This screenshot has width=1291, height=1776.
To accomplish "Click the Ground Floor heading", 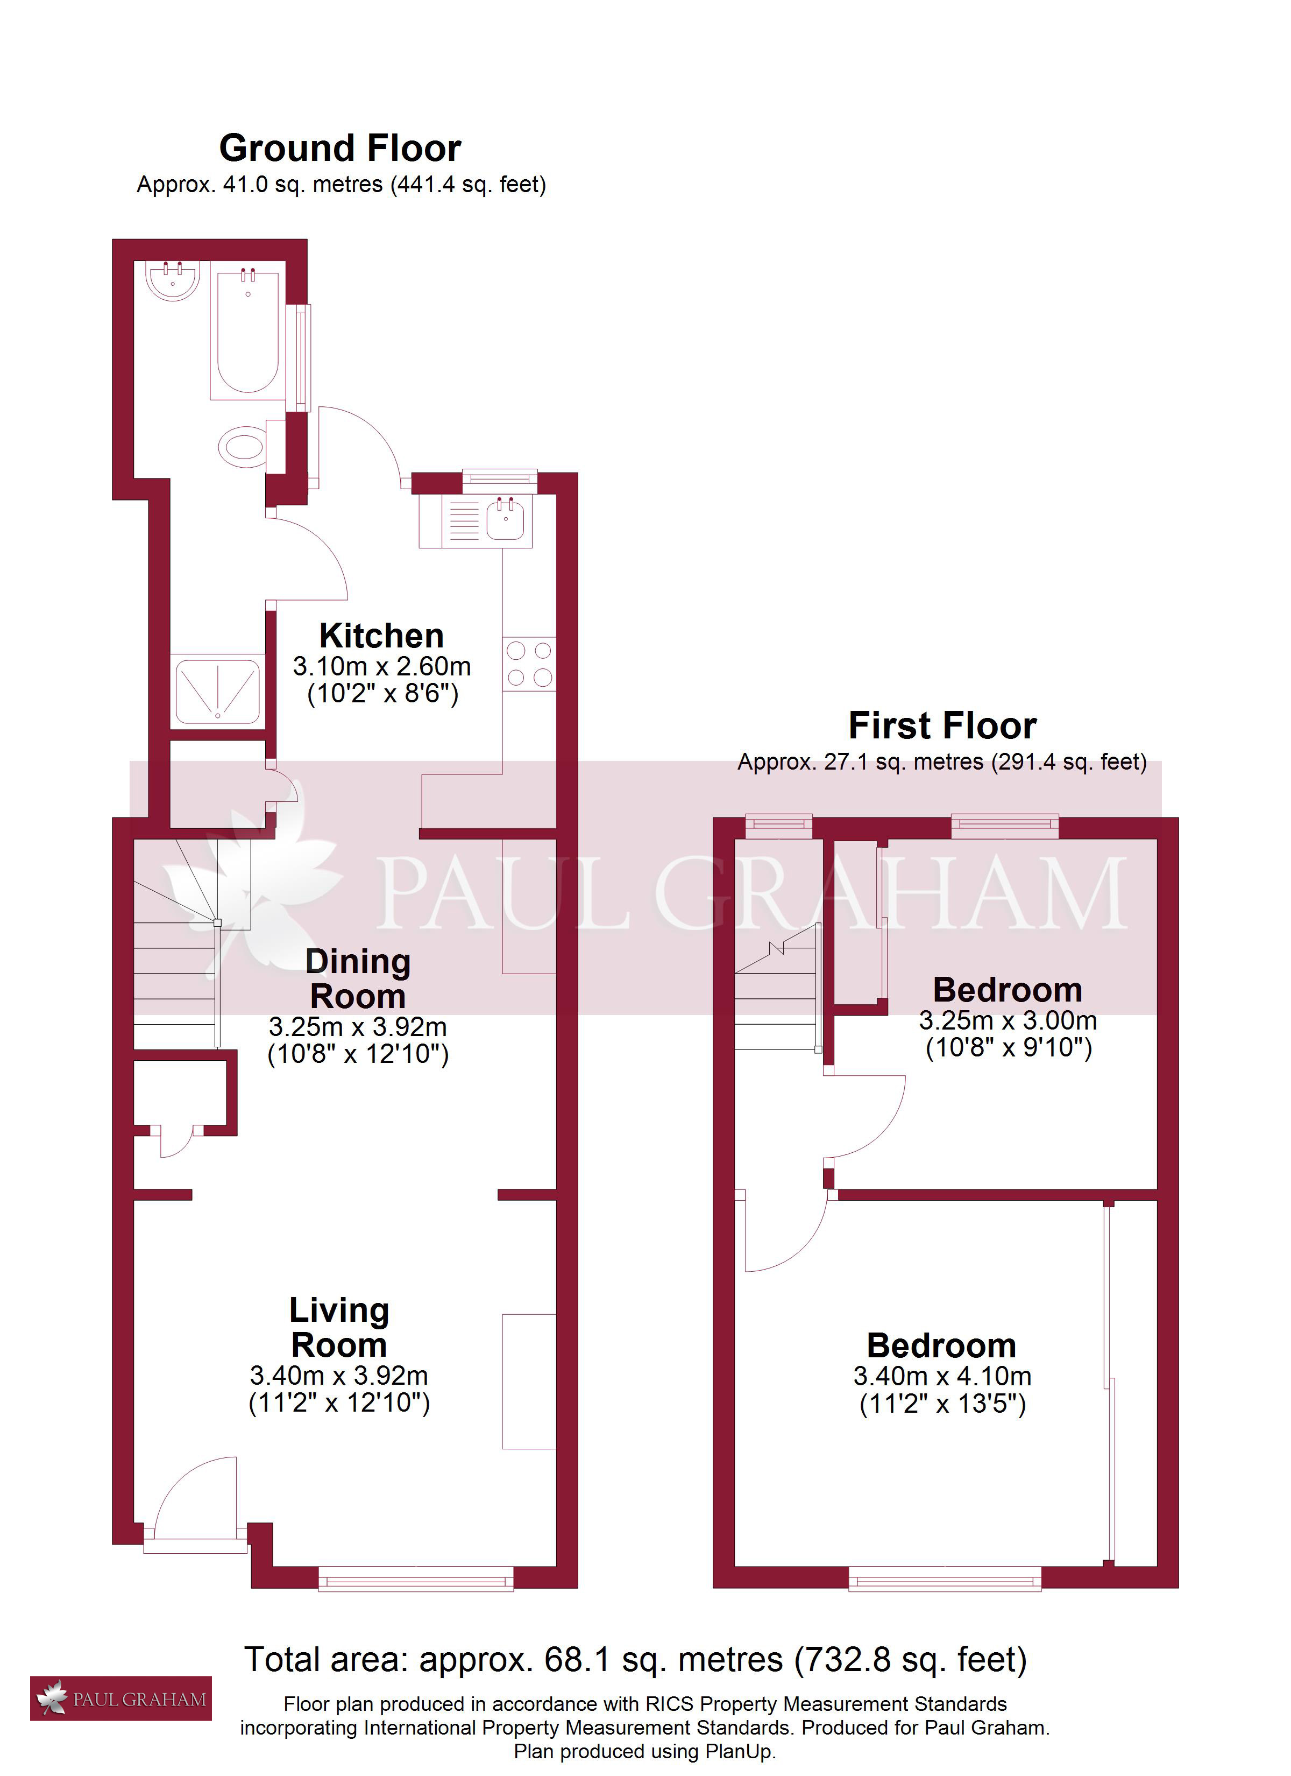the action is pos(340,148).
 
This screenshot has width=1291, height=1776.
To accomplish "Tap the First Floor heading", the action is pos(942,725).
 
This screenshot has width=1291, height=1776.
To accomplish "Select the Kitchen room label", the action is pos(381,635).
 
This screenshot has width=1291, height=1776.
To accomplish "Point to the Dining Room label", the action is pos(358,979).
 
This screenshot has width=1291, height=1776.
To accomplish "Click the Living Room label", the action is pos(339,1327).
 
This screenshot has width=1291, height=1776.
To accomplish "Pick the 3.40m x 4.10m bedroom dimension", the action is pos(942,1376).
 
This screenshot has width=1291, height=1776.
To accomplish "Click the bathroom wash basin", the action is pos(173,280).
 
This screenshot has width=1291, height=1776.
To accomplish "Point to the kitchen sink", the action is pos(506,519).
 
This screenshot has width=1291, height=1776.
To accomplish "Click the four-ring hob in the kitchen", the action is pos(529,664).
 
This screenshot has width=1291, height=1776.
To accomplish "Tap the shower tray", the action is pos(218,692).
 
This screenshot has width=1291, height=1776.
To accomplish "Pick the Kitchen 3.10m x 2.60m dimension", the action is pos(382,666).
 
